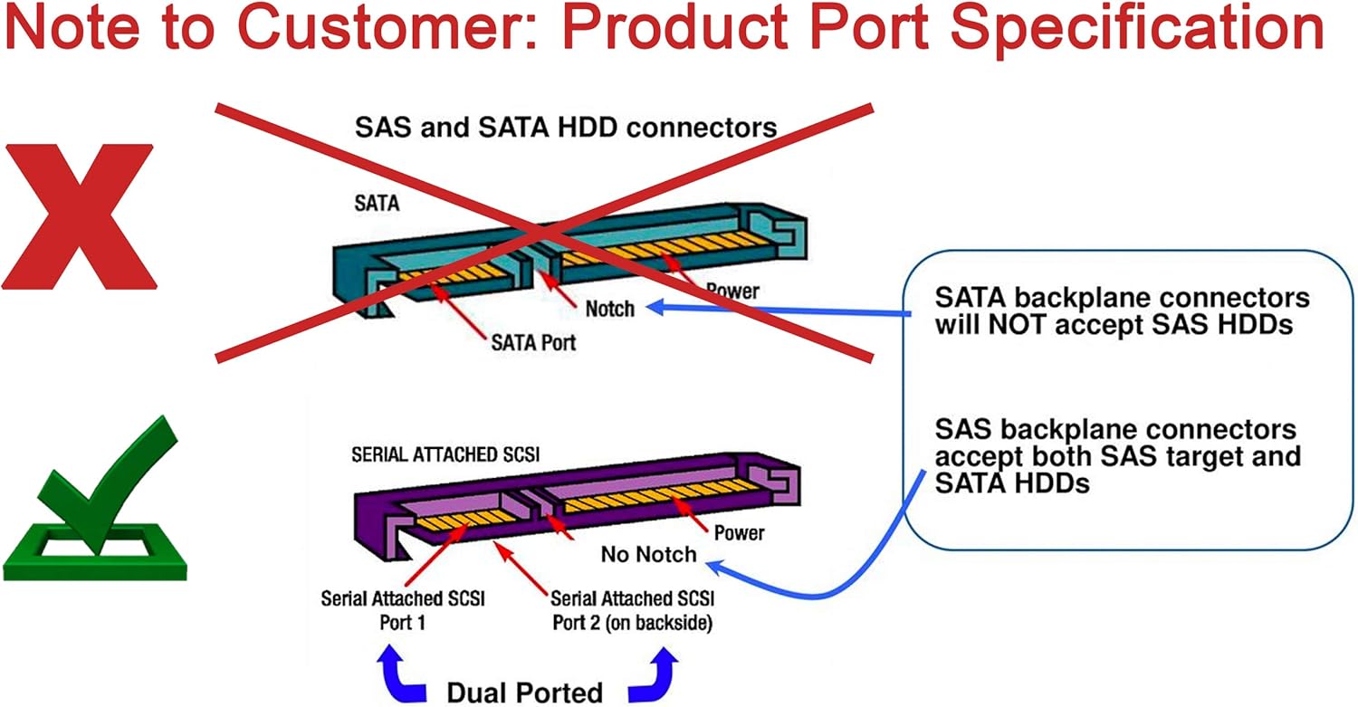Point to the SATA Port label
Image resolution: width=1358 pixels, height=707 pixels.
(533, 343)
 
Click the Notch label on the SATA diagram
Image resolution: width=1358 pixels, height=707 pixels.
(610, 309)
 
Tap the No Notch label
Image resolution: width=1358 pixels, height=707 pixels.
(648, 554)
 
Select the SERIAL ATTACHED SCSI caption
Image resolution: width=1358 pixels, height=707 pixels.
(445, 455)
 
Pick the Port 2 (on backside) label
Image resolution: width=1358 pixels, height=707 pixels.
(632, 623)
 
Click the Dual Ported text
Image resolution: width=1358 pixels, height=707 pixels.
(524, 693)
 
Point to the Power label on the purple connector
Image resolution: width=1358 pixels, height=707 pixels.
(739, 532)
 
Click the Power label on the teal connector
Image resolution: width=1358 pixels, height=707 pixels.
(732, 291)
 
